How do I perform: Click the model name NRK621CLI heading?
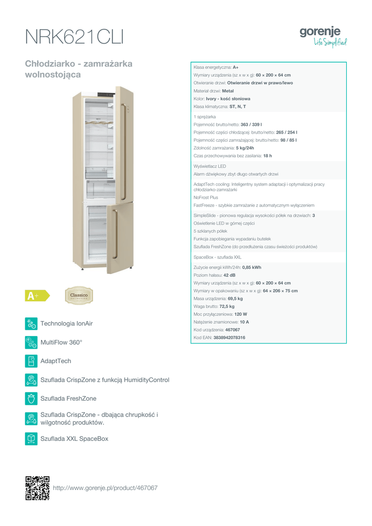pos(74,37)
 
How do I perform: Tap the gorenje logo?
pos(323,36)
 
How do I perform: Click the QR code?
pos(38,487)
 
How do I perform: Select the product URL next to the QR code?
pos(105,488)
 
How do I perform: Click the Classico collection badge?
pos(79,295)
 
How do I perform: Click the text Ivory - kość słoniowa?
pos(228,99)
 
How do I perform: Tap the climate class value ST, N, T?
pos(237,106)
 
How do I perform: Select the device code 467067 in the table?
pos(232,329)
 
